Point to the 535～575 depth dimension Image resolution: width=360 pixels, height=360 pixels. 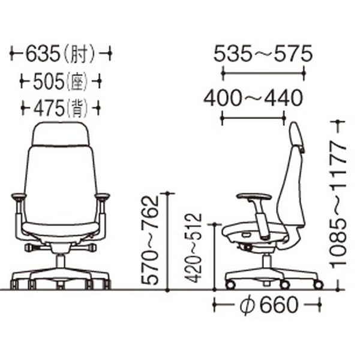pos(263,55)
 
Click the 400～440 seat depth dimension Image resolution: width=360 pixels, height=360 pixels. pos(252,97)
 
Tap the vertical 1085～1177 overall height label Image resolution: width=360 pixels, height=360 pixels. pos(340,204)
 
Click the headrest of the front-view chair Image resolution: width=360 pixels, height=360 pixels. pos(61,134)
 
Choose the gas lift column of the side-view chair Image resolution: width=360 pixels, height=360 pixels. pos(266,262)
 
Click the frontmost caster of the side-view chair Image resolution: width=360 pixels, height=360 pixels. pos(229,284)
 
